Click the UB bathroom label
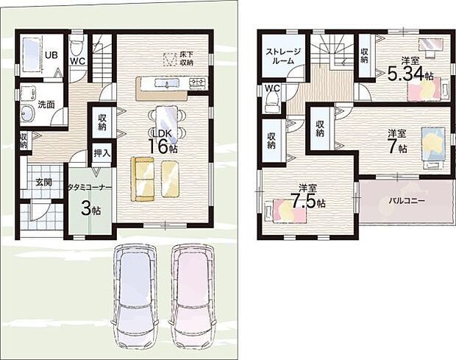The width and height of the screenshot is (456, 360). pos(51,55)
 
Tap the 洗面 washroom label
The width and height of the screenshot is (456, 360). pos(46,105)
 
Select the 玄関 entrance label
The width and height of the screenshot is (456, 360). pos(44,183)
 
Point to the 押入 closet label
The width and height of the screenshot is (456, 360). pos(102,153)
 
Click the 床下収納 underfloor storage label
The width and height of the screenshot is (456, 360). pos(187,58)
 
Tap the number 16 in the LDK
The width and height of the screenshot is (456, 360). pos(159,146)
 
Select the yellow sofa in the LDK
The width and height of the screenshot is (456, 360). pos(142,179)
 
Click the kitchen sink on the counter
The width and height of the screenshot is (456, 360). pos(167,83)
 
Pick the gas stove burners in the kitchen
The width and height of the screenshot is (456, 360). pos(198,83)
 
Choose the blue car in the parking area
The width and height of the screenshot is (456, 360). pos(135,297)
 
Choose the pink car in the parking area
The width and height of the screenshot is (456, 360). pos(192,297)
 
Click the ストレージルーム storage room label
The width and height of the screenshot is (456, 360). pos(284,56)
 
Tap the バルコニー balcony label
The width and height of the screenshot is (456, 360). pos(407,201)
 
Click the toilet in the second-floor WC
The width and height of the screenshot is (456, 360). pos(272,102)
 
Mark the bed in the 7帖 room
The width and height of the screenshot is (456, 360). pos(433,148)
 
